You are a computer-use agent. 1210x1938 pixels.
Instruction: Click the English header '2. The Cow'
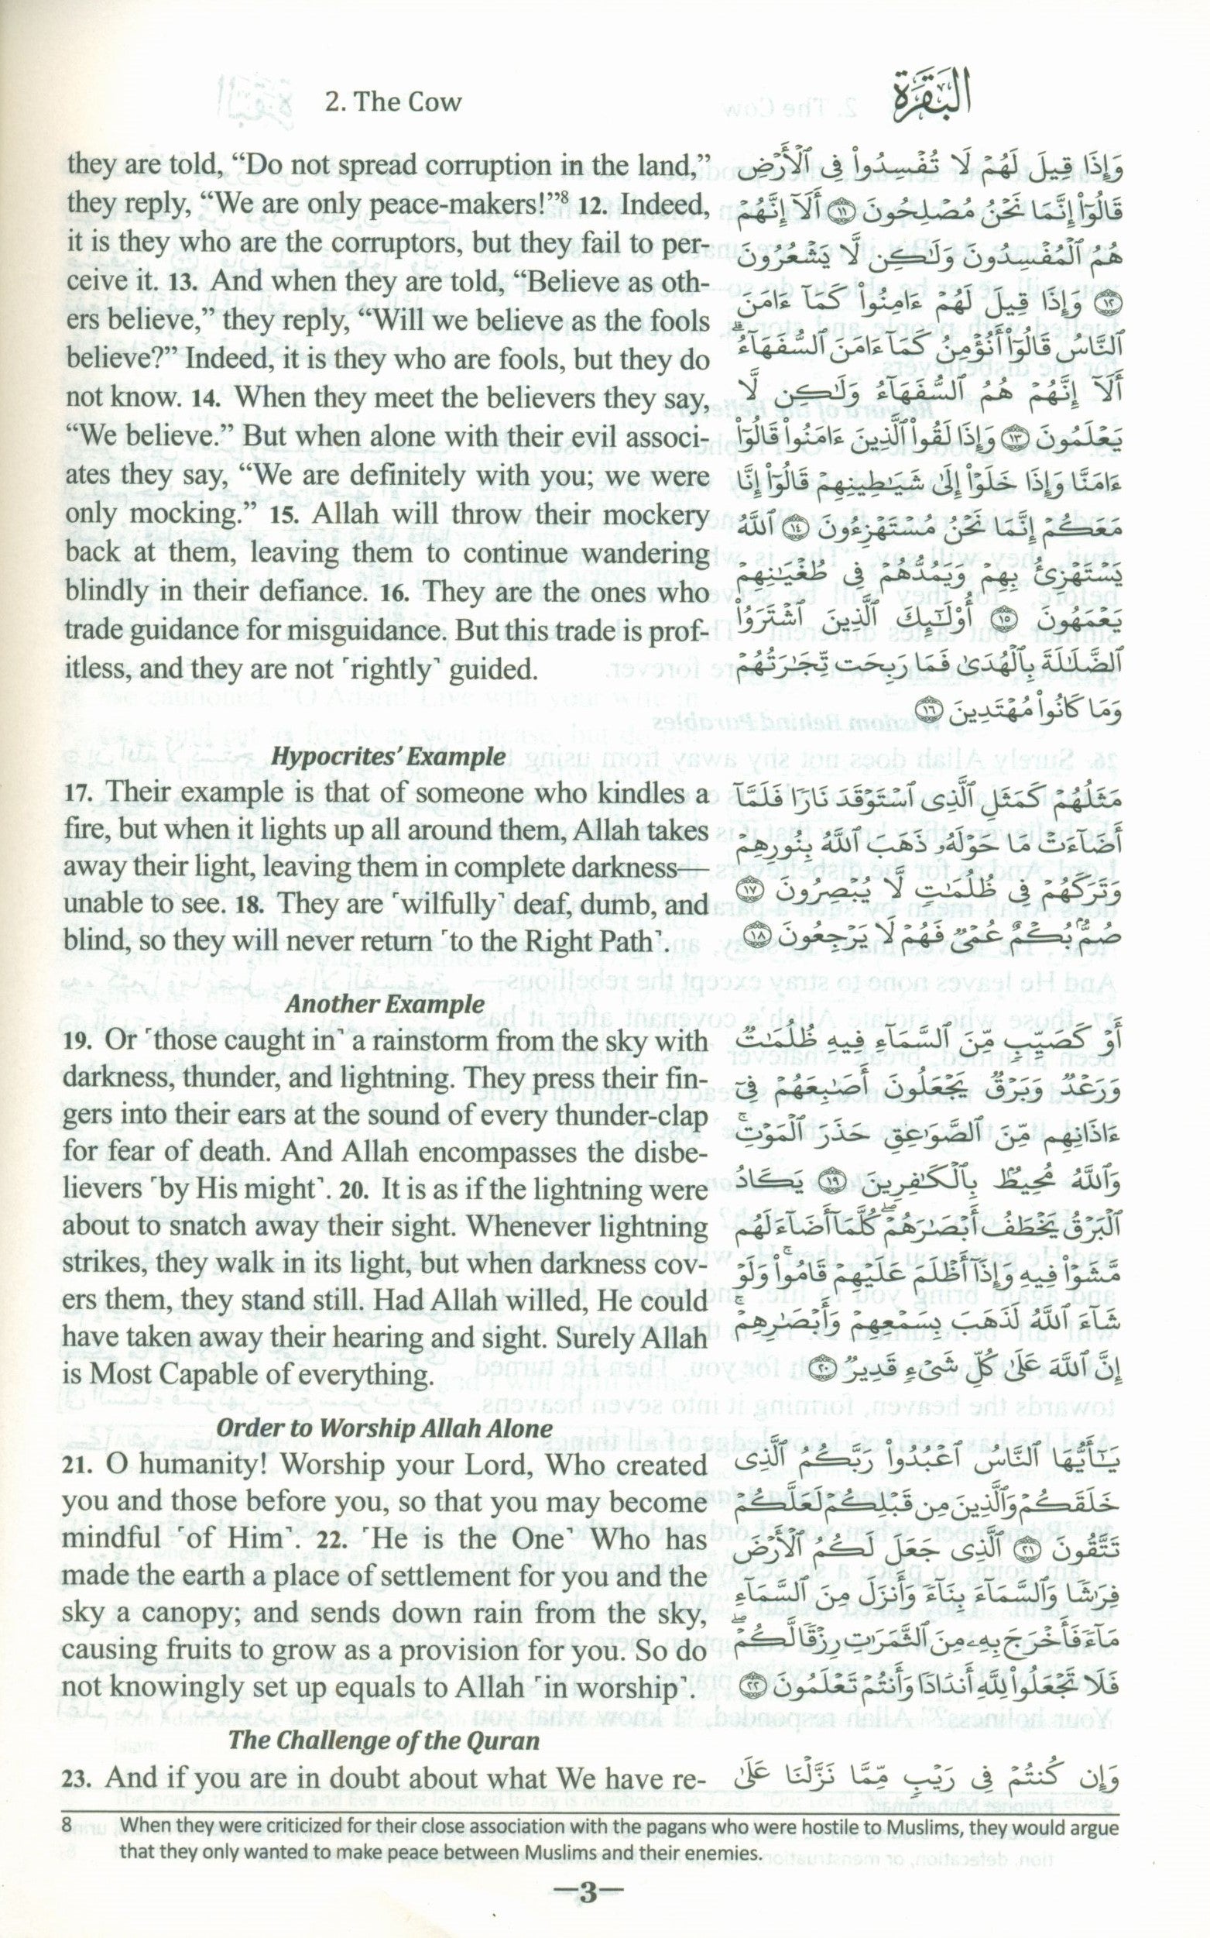[x=396, y=101]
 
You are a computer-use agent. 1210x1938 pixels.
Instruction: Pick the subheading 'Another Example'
[x=385, y=1003]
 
